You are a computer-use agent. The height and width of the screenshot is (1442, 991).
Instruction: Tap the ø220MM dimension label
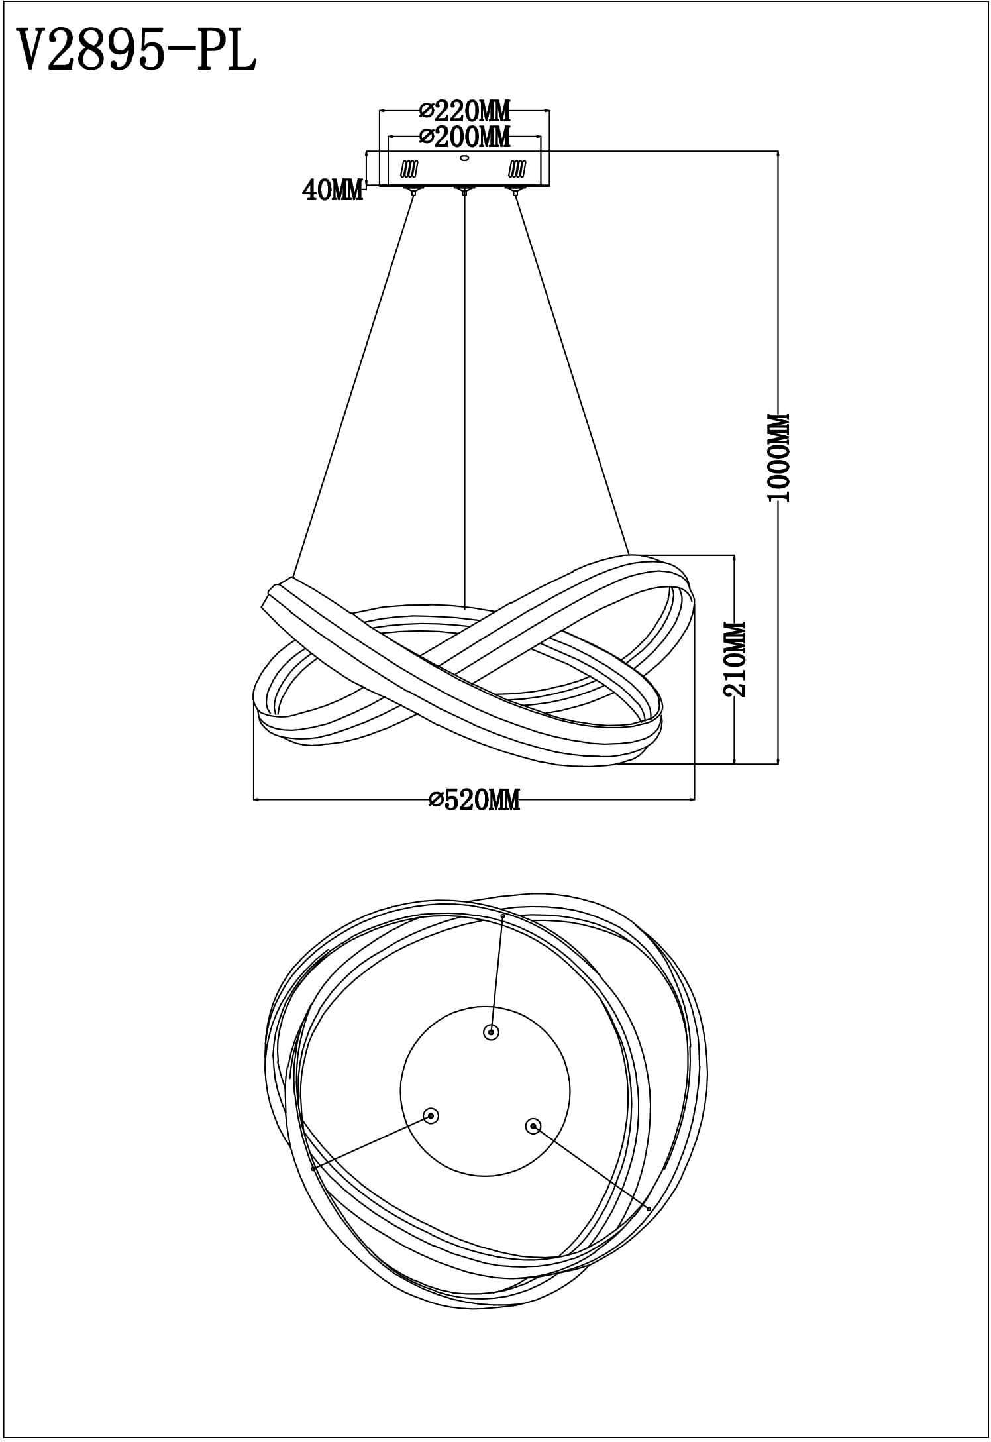tap(466, 110)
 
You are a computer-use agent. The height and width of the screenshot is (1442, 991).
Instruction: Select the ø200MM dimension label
tap(466, 137)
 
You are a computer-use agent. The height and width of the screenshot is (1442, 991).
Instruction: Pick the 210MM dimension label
tap(735, 659)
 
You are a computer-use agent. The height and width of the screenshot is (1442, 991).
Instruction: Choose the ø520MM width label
tap(474, 801)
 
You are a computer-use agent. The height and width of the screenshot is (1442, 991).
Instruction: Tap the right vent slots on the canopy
tap(517, 170)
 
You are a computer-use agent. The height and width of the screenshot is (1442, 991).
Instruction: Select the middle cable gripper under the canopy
tap(464, 191)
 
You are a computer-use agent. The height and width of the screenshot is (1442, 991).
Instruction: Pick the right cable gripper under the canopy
tap(513, 191)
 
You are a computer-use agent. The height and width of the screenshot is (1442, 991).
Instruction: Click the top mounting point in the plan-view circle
tap(491, 1032)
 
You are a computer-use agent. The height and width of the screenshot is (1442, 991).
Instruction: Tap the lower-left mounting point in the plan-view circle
tap(431, 1116)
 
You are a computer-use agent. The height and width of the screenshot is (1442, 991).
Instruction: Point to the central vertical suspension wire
tap(464, 402)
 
